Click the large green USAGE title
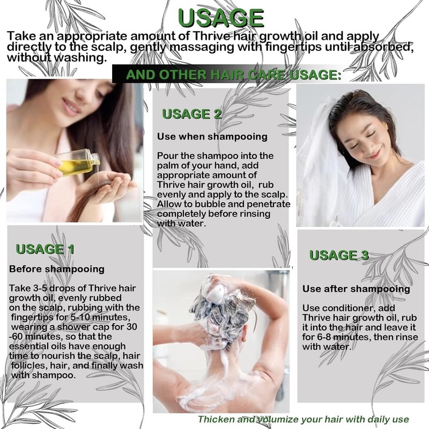[x=221, y=18]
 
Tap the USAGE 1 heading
[x=45, y=249]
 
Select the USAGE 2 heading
[x=191, y=114]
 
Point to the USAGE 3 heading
[x=339, y=255]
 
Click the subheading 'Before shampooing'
[x=57, y=269]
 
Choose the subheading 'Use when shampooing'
[x=212, y=137]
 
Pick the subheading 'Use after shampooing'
[x=356, y=289]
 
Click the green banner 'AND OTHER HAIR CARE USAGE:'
[x=234, y=75]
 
